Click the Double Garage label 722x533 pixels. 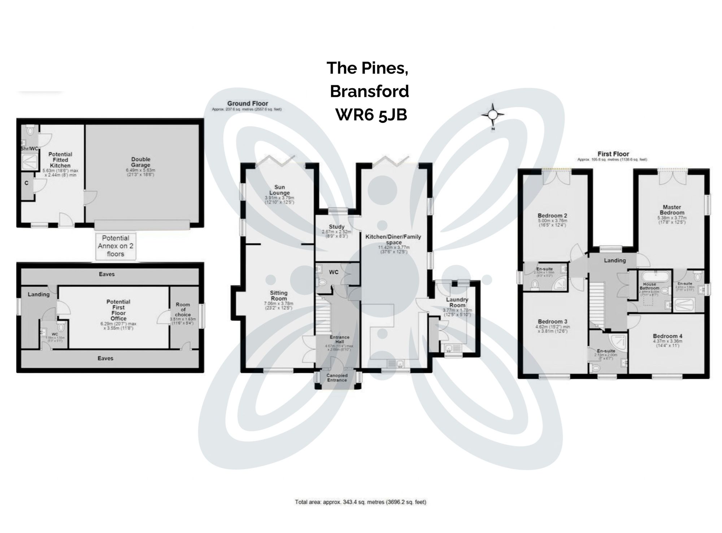pyautogui.click(x=140, y=162)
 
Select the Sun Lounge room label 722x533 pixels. pyautogui.click(x=279, y=190)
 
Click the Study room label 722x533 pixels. pyautogui.click(x=336, y=227)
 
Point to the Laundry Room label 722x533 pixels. pyautogui.click(x=457, y=302)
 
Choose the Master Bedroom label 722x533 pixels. pyautogui.click(x=672, y=210)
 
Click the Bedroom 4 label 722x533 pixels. pyautogui.click(x=667, y=336)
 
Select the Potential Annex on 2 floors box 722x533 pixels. pyautogui.click(x=116, y=246)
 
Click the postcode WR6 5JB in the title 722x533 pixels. pyautogui.click(x=371, y=115)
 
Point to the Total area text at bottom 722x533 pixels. pyautogui.click(x=361, y=502)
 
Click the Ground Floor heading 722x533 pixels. pyautogui.click(x=247, y=104)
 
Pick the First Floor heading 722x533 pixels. pyautogui.click(x=613, y=154)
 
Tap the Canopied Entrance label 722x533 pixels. pyautogui.click(x=336, y=378)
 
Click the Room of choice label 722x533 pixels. pyautogui.click(x=183, y=309)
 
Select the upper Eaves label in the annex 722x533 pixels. pyautogui.click(x=106, y=274)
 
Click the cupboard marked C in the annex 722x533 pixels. pyautogui.click(x=26, y=183)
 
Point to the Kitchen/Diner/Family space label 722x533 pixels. pyautogui.click(x=393, y=239)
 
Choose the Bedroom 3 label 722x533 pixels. pyautogui.click(x=552, y=321)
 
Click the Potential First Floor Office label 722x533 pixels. pyautogui.click(x=118, y=310)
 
